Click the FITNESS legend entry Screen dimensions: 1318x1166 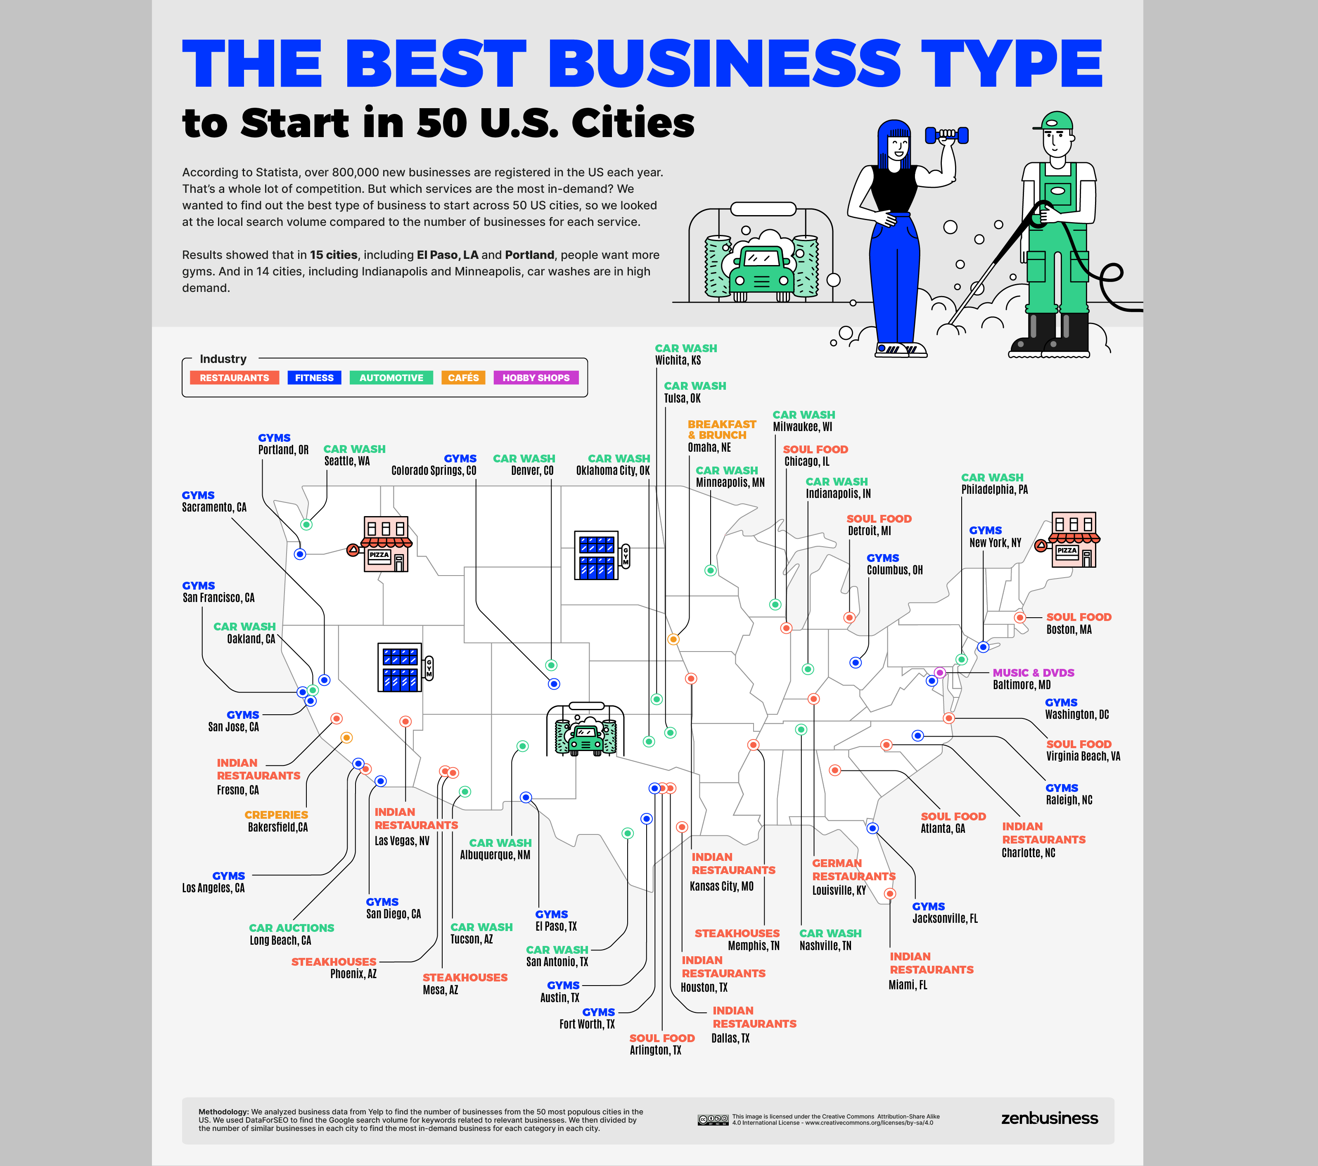tap(314, 378)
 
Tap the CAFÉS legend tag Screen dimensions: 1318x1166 tap(463, 378)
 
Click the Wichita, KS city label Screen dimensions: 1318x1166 tap(678, 360)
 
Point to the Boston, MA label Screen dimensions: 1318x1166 tap(1069, 629)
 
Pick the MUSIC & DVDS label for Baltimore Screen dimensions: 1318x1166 tap(1033, 673)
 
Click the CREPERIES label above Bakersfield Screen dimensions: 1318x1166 tap(276, 815)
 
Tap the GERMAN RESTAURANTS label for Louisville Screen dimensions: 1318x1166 tap(853, 870)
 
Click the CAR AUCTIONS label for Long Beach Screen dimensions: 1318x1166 tap(292, 928)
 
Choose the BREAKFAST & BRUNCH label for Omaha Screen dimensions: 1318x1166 tap(721, 429)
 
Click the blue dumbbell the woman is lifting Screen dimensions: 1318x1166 tap(946, 135)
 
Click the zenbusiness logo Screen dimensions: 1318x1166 tap(1049, 1118)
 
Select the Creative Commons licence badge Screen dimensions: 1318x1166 tap(713, 1120)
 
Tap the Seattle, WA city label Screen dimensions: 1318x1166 tap(347, 461)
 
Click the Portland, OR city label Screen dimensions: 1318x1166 tap(283, 450)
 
